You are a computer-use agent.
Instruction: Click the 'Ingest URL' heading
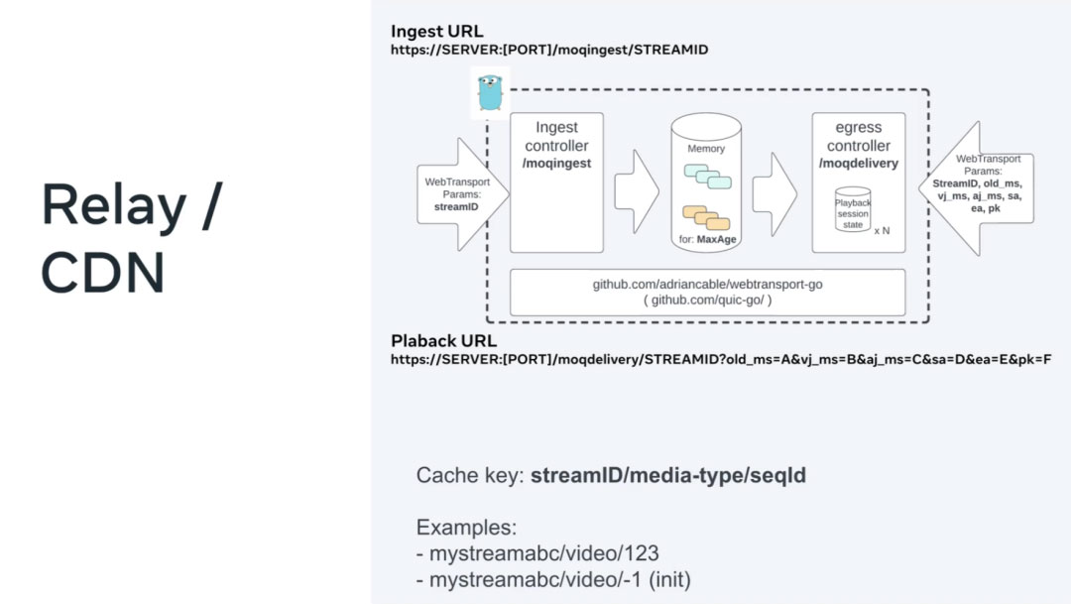pos(437,31)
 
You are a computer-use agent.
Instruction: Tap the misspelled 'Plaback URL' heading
pos(443,341)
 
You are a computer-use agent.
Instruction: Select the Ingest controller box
pos(556,183)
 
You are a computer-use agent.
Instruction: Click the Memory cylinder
pos(706,183)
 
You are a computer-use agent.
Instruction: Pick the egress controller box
pos(858,183)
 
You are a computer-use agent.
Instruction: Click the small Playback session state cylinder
pos(852,208)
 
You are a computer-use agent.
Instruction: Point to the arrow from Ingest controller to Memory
pos(635,189)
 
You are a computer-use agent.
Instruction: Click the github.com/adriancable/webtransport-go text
pos(707,284)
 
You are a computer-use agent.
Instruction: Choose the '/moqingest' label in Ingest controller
pos(556,163)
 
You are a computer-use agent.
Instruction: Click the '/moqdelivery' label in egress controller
pos(859,163)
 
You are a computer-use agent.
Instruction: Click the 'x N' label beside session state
pos(882,229)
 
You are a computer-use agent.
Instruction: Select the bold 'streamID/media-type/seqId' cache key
pos(668,475)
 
